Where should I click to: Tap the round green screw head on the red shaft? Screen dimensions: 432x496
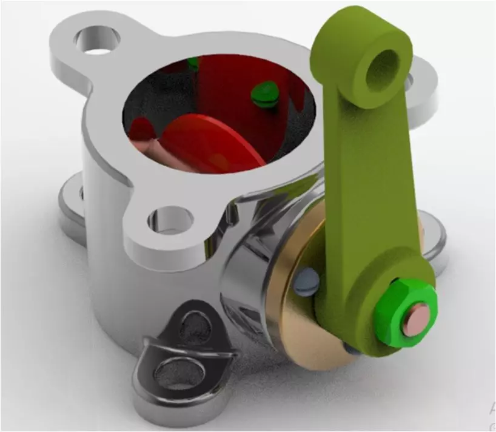coord(263,92)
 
